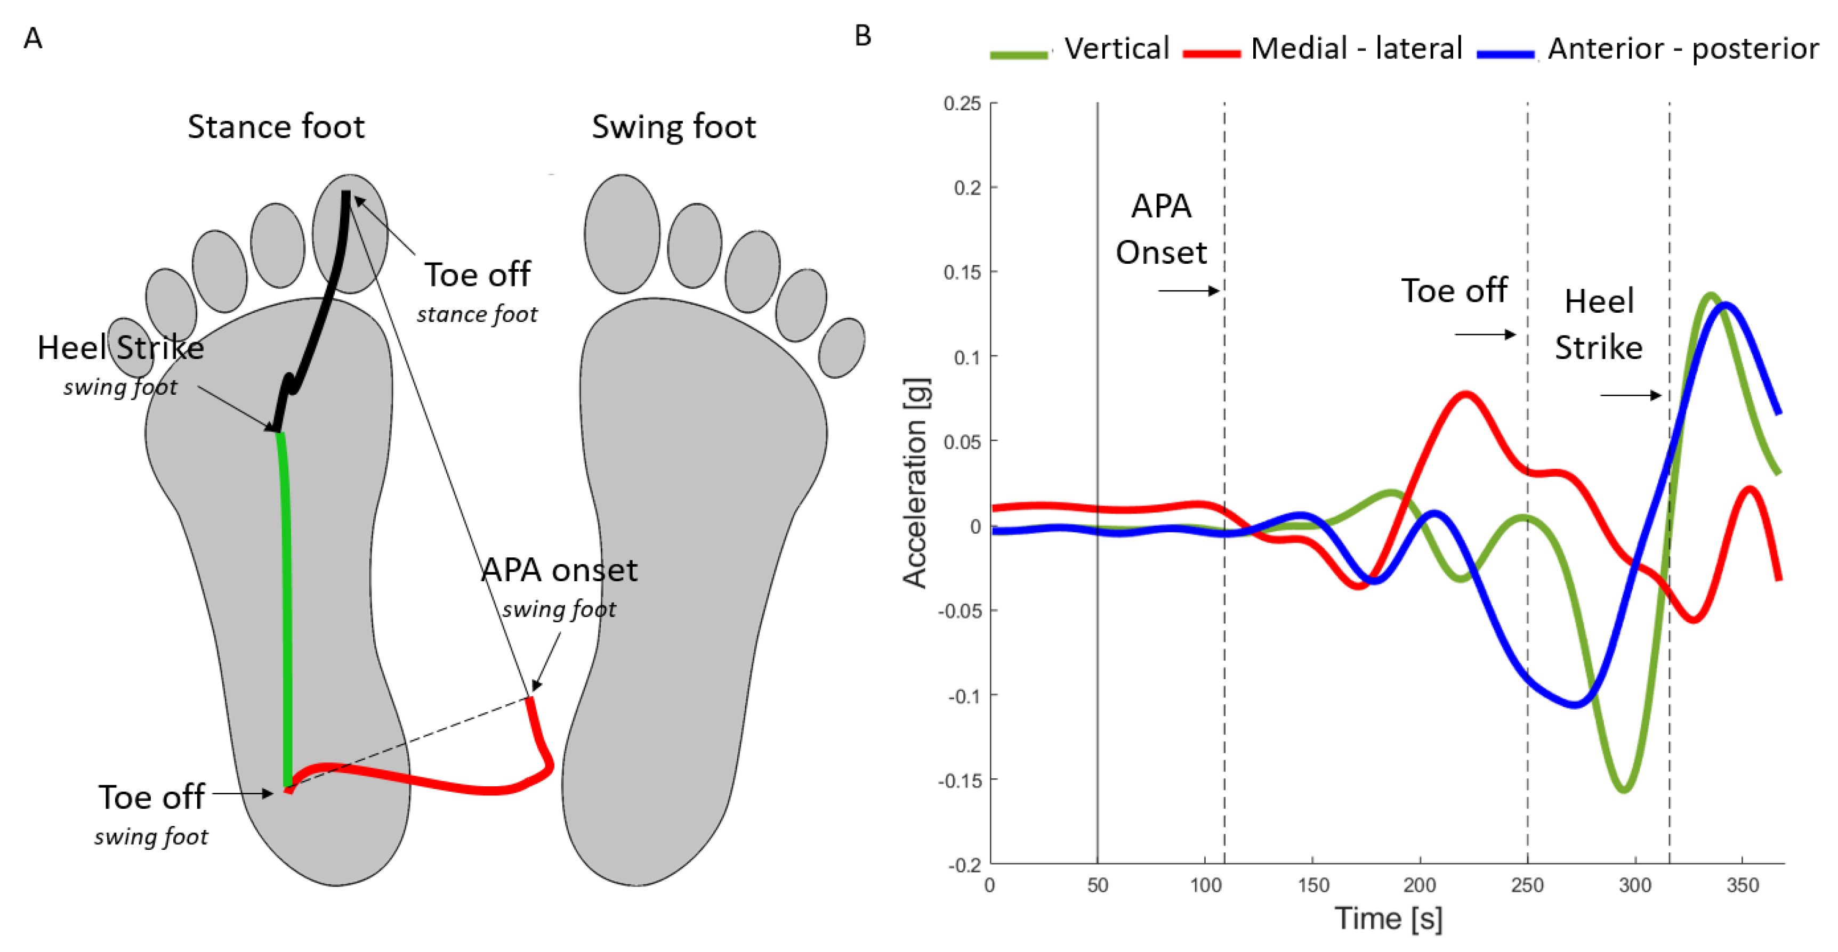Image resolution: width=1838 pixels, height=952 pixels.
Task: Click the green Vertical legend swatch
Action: point(1019,54)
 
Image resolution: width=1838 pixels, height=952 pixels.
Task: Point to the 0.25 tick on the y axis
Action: point(963,104)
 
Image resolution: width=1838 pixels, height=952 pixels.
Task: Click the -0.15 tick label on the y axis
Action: point(959,780)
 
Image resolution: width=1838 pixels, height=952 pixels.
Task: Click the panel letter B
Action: point(862,36)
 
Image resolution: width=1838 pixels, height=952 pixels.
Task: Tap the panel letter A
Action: point(33,38)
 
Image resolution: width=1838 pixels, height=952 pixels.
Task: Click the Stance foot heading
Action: point(276,127)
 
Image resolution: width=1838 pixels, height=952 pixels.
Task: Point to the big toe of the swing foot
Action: point(622,233)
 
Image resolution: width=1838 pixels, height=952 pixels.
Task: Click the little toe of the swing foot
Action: point(841,347)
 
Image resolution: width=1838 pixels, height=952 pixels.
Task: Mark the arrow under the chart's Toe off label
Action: point(1485,335)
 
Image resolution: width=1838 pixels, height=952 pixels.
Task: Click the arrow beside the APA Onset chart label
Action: point(1189,290)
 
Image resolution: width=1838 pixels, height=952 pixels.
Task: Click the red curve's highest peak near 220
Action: point(1465,394)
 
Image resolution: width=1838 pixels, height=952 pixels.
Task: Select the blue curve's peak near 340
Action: point(1726,305)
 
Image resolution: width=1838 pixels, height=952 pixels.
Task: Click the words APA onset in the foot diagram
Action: point(559,571)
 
